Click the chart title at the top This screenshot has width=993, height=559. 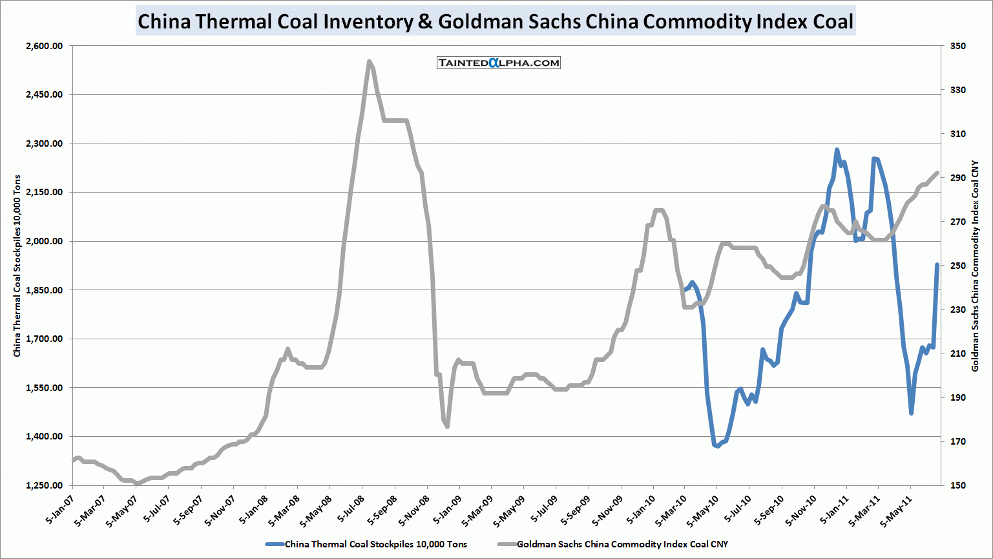click(x=496, y=21)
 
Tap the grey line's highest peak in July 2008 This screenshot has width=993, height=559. click(x=369, y=62)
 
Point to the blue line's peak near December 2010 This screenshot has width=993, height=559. click(x=837, y=151)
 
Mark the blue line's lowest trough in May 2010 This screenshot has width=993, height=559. click(x=717, y=446)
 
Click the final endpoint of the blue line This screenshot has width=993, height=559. click(x=937, y=264)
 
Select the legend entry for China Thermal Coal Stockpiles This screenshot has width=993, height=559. click(x=375, y=544)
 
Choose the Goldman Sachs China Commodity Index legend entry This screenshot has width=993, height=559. click(x=622, y=544)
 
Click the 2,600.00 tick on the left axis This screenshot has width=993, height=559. click(x=44, y=46)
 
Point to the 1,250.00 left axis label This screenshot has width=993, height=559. click(x=44, y=485)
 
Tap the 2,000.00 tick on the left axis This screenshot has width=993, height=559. click(x=44, y=241)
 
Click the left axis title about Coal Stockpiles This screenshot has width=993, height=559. click(x=17, y=266)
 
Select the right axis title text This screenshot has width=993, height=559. click(x=976, y=266)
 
